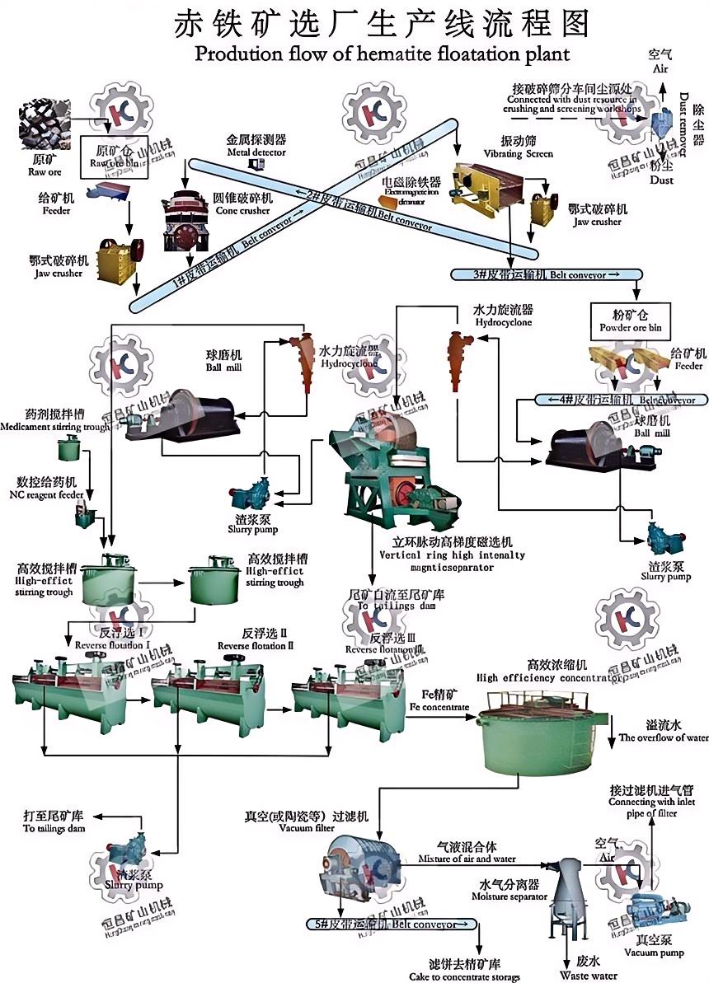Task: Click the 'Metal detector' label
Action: pyautogui.click(x=256, y=147)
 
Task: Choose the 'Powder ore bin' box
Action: pyautogui.click(x=632, y=321)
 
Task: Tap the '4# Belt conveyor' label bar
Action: pyautogui.click(x=622, y=400)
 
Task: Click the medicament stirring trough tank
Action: pyautogui.click(x=69, y=449)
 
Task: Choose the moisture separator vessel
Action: pyautogui.click(x=570, y=895)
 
